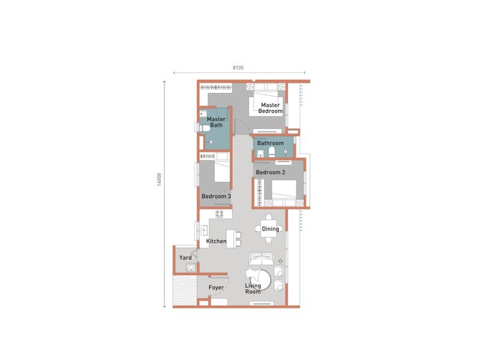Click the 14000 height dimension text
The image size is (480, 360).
pos(159,180)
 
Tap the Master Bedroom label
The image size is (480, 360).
pos(268,108)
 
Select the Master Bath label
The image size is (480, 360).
pos(216,123)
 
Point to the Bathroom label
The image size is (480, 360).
pos(270,143)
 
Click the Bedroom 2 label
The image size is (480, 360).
pos(270,172)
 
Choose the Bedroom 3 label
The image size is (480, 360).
pos(216,196)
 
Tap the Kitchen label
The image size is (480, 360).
pos(216,241)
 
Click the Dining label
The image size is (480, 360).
pos(270,229)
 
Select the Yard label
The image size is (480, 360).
pos(185,258)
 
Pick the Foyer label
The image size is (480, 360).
pos(216,288)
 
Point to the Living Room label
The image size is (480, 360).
pos(253,289)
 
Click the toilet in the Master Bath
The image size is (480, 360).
pos(202,127)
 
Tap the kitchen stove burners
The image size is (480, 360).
pos(219,213)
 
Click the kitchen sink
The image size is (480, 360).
pos(203,230)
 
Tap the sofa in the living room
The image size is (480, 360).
pos(263,259)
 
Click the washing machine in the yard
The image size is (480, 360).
pos(190,268)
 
